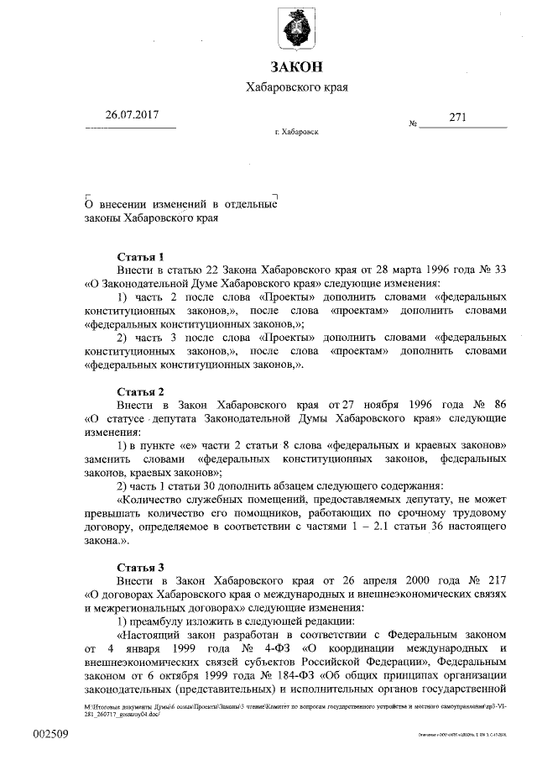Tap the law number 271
[x=458, y=118]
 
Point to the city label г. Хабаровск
[x=296, y=133]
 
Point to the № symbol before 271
[x=413, y=123]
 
